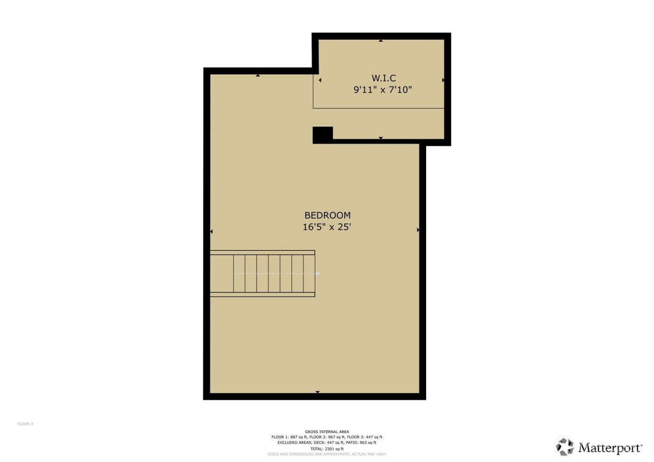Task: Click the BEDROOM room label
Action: point(327,215)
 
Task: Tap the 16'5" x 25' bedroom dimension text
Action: point(327,227)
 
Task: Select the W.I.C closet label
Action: point(384,78)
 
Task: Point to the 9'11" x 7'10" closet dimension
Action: point(383,90)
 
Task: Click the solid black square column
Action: point(322,135)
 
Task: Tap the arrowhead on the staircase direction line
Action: point(318,273)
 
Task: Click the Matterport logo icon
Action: point(564,447)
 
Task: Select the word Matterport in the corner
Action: point(610,448)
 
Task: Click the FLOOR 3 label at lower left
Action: point(25,424)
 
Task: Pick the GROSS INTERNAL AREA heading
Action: point(327,432)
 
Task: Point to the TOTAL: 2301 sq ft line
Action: point(327,449)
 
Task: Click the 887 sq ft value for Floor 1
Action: point(299,437)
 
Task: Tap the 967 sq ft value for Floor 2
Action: point(336,437)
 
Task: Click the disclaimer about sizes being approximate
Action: point(327,454)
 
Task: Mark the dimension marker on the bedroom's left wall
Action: point(211,231)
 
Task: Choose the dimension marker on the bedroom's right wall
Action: point(418,230)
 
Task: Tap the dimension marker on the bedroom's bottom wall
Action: point(318,392)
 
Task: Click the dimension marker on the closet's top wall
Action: point(381,41)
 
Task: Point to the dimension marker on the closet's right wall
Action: point(443,80)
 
